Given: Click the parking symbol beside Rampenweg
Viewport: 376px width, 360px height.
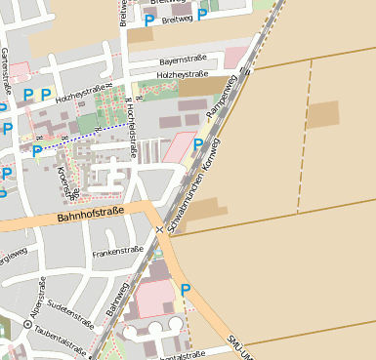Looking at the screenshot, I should tap(198, 144).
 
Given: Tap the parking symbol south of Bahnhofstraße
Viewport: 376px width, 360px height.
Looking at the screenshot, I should tap(186, 289).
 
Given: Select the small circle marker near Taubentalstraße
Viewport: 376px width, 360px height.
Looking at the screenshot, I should tap(27, 324).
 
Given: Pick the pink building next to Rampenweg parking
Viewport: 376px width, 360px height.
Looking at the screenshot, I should tap(179, 148).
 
